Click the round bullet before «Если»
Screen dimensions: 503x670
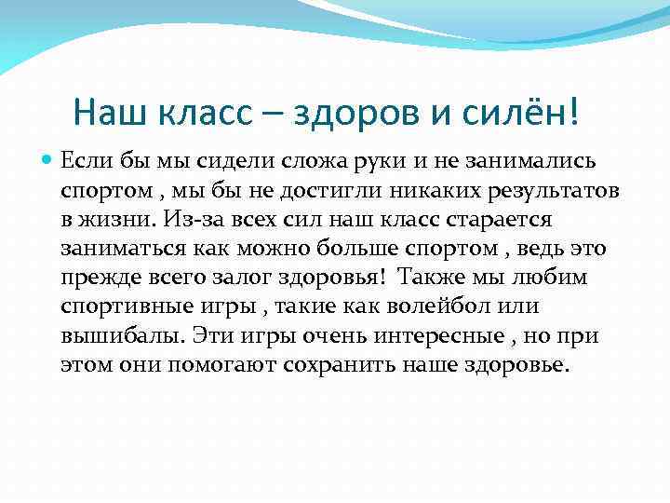[47, 161]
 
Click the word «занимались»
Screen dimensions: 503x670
[535, 161]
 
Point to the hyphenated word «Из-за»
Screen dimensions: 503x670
[189, 220]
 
